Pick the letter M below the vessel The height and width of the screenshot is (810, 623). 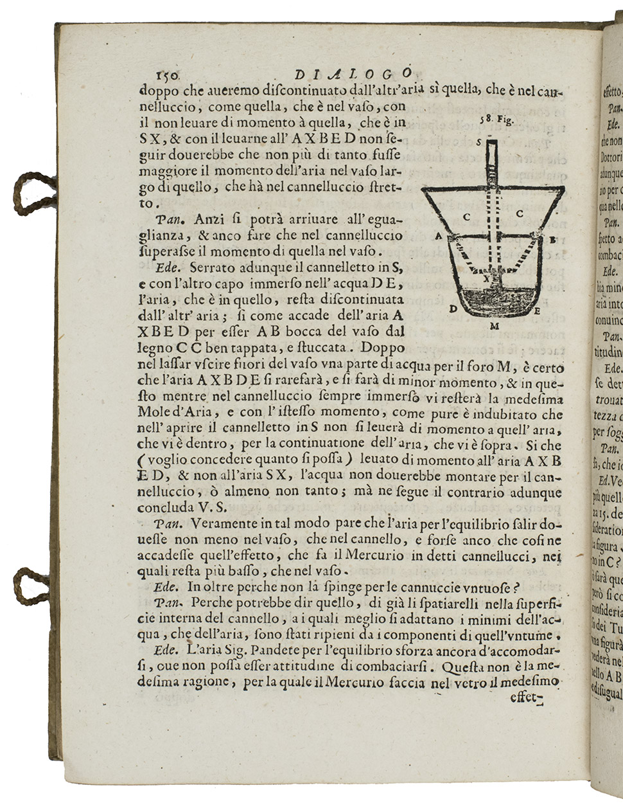tap(495, 326)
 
